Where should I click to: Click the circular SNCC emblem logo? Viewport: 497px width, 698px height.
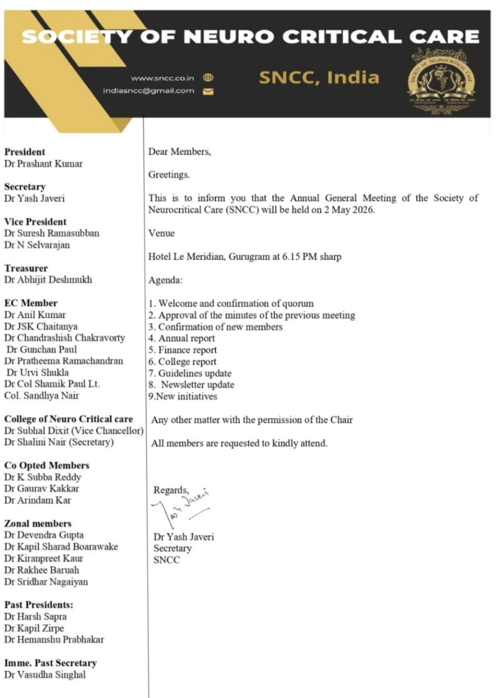click(x=441, y=81)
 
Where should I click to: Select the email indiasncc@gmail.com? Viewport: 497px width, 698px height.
click(x=149, y=91)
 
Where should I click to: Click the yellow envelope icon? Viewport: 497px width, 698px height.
click(x=208, y=91)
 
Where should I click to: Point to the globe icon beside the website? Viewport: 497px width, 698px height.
click(x=208, y=78)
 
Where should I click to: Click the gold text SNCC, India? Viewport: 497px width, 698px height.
click(x=319, y=77)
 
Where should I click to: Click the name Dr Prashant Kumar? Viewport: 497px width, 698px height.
click(x=44, y=164)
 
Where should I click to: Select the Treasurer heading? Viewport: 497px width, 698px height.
click(x=26, y=268)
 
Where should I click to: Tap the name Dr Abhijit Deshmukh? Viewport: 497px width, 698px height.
click(x=48, y=280)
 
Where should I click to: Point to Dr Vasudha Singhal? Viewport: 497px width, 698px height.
click(x=45, y=674)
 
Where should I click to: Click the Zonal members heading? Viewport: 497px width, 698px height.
click(x=38, y=523)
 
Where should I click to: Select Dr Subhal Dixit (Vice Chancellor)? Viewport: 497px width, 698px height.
click(x=74, y=431)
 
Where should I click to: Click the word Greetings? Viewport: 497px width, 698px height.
click(x=169, y=175)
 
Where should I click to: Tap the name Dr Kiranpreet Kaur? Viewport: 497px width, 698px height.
click(x=44, y=558)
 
